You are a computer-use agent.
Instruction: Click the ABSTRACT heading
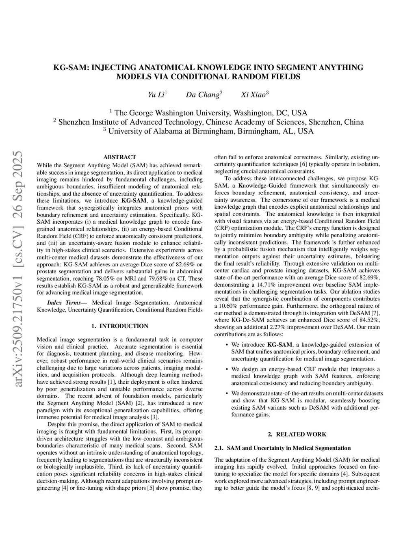coord(120,157)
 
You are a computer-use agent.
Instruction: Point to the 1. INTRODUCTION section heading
coord(120,326)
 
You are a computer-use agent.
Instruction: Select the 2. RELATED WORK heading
coord(297,434)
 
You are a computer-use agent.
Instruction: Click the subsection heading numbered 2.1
coord(282,448)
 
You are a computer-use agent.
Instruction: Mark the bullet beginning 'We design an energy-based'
coord(305,376)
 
